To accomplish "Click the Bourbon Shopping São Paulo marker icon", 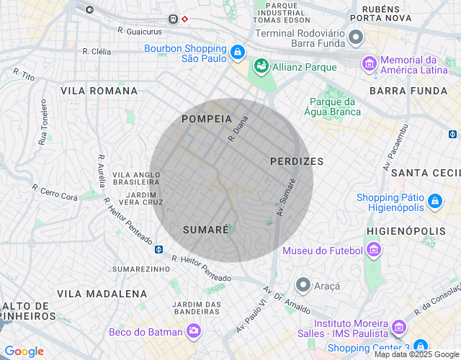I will click(237, 53).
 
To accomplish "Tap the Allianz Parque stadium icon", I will click(260, 67).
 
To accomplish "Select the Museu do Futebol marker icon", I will click(372, 251).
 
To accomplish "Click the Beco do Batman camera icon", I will click(193, 330).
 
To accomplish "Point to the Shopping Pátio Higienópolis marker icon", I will click(434, 201).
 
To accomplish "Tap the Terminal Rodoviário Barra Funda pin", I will click(355, 37).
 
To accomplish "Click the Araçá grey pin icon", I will click(303, 285).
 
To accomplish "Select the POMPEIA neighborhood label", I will click(207, 119).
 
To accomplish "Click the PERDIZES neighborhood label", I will click(297, 161).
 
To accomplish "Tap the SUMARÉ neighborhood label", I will click(205, 229).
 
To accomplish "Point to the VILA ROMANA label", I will click(99, 91).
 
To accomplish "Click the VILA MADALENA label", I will click(102, 294).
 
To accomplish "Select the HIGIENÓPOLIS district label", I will click(406, 230).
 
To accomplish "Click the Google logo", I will click(24, 351).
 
